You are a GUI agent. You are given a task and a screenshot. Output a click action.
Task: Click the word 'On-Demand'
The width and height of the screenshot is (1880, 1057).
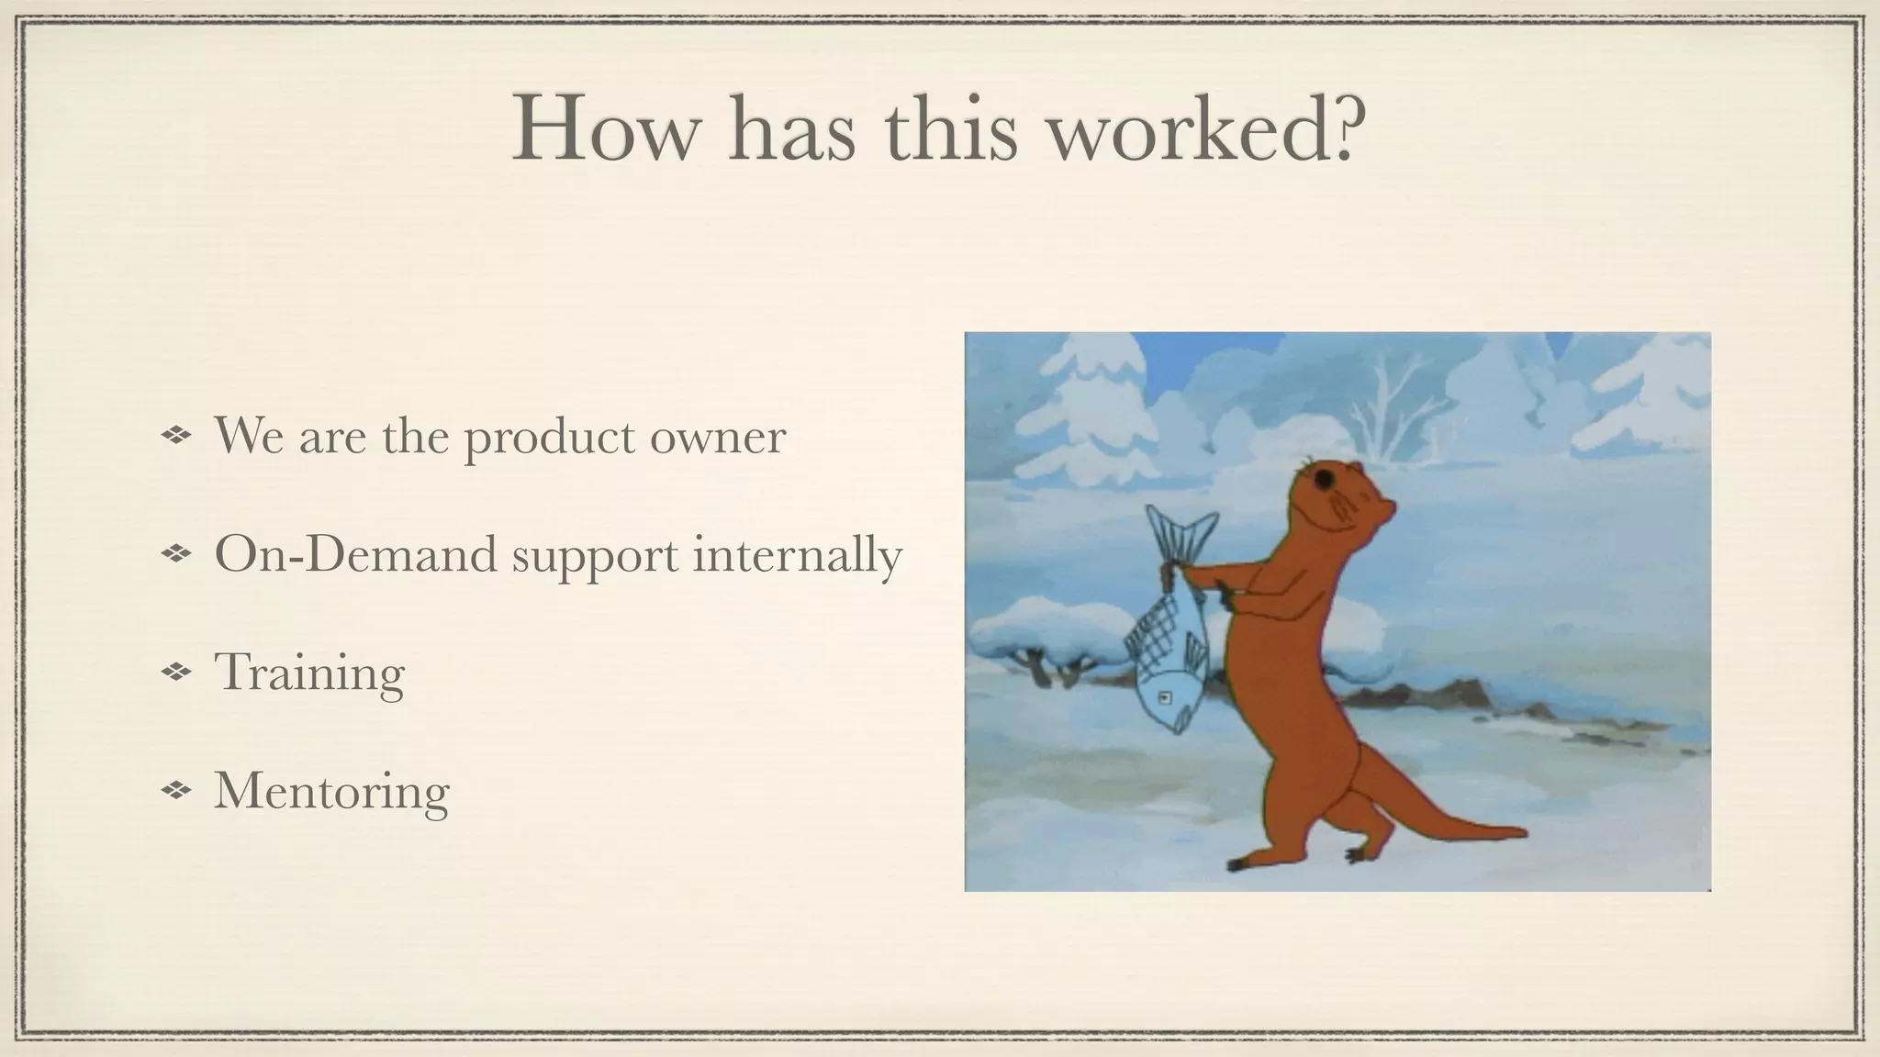coord(354,554)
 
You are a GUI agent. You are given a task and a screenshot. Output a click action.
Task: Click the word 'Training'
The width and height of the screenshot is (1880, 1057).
coord(308,673)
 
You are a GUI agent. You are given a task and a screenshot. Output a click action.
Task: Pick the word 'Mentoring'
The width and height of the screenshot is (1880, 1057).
coord(331,791)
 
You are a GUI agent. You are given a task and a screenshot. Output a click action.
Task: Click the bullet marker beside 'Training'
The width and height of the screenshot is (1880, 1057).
coord(174,673)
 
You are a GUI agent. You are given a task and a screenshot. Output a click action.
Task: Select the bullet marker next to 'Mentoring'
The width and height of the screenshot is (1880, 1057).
coord(174,790)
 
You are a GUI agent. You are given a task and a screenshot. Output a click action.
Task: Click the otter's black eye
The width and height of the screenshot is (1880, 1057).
coord(1324,480)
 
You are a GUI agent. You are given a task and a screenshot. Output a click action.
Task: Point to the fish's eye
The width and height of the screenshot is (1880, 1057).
coord(1165,697)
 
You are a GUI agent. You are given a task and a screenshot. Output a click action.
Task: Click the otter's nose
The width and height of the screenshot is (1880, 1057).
coord(1393,506)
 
